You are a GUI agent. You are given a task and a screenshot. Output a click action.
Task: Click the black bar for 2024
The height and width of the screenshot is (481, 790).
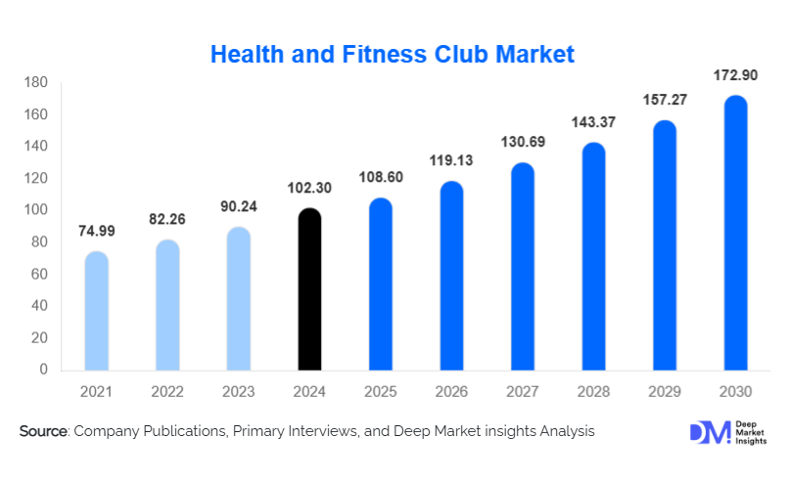coord(309,289)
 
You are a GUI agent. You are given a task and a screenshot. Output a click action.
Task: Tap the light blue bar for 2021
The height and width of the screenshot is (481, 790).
coord(97,311)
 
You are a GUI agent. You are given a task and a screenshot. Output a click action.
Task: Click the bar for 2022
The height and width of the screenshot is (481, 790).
coord(167,305)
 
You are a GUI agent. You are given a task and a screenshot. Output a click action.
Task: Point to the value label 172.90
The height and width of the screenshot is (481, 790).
coord(735,74)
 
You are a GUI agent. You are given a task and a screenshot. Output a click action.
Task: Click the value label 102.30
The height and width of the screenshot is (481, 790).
coord(309,188)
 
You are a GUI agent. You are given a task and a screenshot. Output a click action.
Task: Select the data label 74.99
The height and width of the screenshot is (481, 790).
coord(97,232)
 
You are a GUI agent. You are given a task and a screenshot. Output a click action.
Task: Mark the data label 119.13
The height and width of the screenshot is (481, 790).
coord(451,160)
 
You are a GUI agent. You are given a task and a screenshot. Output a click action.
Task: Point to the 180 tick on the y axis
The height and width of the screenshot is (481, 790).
coord(35,83)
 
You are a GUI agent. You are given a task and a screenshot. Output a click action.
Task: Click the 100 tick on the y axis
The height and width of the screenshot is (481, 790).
coord(35,210)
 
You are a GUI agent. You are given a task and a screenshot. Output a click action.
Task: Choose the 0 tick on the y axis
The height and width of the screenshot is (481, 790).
coord(43,370)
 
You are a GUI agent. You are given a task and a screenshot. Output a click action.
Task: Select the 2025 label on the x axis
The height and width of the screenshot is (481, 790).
coord(381,391)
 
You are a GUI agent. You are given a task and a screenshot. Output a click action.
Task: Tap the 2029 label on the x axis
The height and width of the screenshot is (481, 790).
coord(665,391)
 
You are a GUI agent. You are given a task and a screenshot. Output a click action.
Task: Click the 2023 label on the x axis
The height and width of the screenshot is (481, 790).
coord(239,391)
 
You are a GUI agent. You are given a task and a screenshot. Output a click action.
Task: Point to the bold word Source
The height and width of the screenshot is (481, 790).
coord(42,431)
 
